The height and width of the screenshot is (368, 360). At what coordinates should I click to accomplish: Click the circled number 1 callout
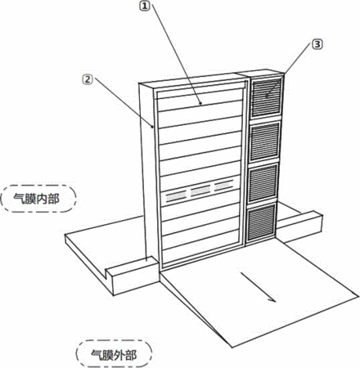(x=145, y=6)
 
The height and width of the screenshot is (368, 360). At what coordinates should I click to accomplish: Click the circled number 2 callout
(x=88, y=79)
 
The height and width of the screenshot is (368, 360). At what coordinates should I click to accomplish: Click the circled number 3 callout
(x=317, y=44)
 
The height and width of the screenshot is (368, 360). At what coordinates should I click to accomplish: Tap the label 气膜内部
(x=37, y=199)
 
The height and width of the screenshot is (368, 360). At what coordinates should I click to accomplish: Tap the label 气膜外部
(x=114, y=355)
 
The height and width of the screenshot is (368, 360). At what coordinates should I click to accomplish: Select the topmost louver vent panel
(x=266, y=97)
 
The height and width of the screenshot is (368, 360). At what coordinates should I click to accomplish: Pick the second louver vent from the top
(x=264, y=141)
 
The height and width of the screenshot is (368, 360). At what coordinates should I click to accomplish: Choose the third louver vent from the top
(x=263, y=184)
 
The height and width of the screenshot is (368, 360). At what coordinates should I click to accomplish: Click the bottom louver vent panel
(x=261, y=222)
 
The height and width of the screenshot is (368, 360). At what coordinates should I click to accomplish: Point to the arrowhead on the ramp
(x=272, y=299)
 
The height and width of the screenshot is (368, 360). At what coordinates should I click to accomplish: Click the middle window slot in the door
(x=200, y=191)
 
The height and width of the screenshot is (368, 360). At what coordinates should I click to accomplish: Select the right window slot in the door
(x=224, y=186)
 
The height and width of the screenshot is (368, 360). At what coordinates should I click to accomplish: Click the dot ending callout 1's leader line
(x=201, y=104)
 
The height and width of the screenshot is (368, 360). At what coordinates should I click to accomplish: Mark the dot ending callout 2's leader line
(x=151, y=126)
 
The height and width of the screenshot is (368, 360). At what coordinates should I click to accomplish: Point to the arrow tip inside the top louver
(x=267, y=96)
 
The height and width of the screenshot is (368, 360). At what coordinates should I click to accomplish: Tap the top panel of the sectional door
(x=199, y=98)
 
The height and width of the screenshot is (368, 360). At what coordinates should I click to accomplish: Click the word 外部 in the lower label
(x=125, y=355)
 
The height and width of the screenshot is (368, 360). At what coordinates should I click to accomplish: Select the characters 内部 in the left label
(x=48, y=199)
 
